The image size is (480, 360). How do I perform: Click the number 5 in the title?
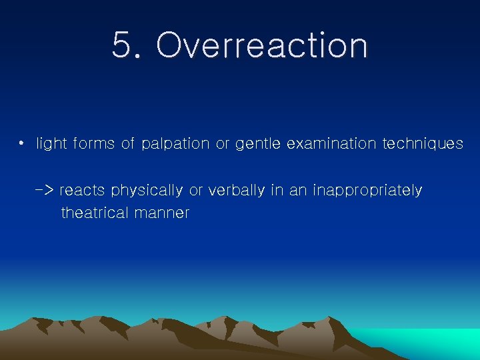coord(123,46)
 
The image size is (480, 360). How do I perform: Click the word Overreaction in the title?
coord(261,46)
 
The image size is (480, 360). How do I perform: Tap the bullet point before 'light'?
coord(22,143)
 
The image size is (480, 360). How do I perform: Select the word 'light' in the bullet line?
coord(51,144)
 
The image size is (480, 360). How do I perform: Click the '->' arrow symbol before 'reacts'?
coord(45,191)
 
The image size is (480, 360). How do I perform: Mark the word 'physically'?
coord(147,191)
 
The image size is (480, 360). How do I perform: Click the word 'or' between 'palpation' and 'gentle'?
coord(222,144)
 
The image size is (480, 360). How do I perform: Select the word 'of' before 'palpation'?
coord(128,144)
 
